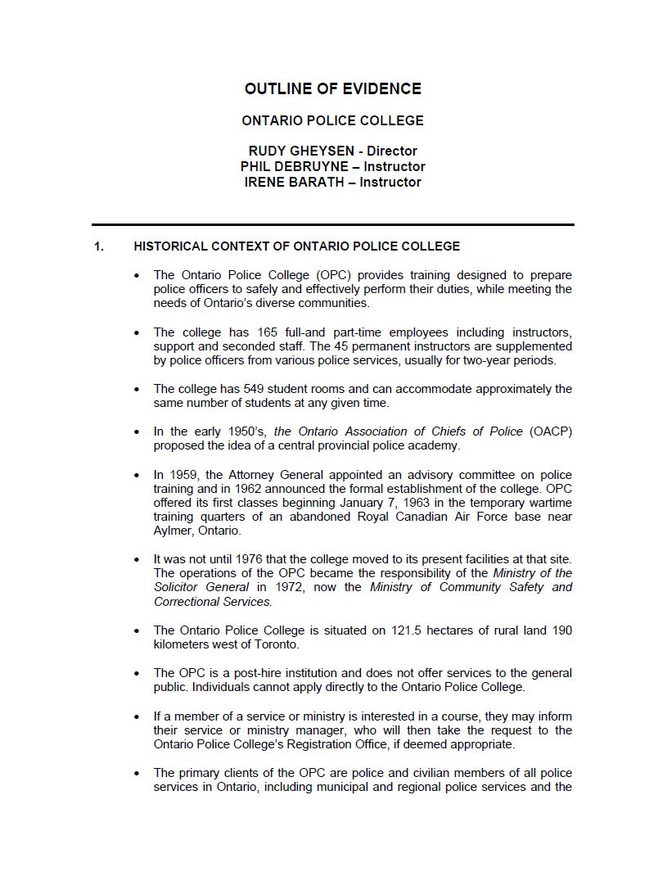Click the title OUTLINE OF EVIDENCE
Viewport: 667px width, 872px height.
(x=332, y=89)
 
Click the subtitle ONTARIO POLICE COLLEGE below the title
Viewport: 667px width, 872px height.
(x=332, y=120)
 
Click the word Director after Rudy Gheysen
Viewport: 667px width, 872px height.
(x=392, y=151)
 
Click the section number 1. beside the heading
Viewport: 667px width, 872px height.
(x=99, y=246)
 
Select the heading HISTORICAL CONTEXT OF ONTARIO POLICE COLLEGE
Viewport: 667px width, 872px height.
(x=296, y=246)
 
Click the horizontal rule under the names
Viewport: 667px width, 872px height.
(x=332, y=224)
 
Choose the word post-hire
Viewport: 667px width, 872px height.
(x=246, y=673)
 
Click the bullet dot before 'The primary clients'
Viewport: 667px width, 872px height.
(x=137, y=774)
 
